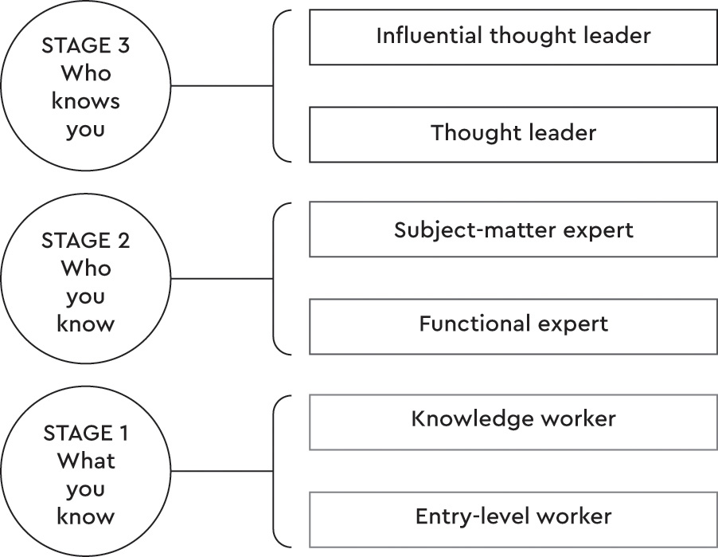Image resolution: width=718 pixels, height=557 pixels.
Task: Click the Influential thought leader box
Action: point(513,37)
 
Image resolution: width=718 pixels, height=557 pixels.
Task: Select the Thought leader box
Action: point(513,134)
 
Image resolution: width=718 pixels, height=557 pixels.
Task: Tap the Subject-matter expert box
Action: point(513,229)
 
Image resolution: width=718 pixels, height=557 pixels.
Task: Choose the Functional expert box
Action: point(513,326)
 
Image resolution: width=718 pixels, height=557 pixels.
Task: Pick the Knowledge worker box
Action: point(513,421)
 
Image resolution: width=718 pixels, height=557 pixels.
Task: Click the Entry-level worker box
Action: point(513,518)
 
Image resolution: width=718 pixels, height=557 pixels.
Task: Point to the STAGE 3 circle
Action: point(86,86)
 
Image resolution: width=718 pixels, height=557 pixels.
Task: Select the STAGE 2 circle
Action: point(86,280)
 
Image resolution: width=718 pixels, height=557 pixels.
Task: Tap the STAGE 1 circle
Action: point(86,472)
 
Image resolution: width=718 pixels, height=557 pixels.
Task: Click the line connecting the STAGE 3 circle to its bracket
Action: point(223,86)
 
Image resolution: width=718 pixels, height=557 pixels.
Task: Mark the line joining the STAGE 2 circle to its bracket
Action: point(223,280)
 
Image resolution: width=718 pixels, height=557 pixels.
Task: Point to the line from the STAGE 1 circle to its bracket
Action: point(223,472)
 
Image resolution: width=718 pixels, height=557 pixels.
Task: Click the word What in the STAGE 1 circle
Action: point(86,461)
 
